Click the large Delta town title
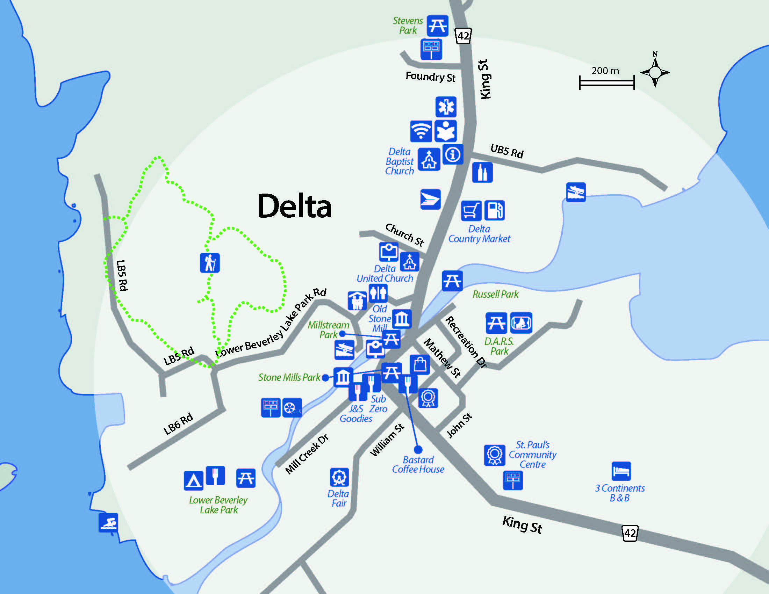point(294,207)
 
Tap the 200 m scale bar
point(606,83)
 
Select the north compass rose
point(655,72)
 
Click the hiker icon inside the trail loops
point(210,263)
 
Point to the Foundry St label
point(430,77)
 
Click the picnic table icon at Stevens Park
point(437,26)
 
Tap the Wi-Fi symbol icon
point(421,131)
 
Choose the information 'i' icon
point(453,154)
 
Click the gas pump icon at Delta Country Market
point(494,210)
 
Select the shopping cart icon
point(471,210)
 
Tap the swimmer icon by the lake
point(108,523)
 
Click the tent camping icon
point(193,480)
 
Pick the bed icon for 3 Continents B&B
point(621,471)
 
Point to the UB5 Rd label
point(507,151)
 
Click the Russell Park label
point(495,294)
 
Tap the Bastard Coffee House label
point(418,464)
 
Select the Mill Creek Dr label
point(306,454)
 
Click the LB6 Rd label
point(178,423)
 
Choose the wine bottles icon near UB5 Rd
point(482,172)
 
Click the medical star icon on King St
point(446,107)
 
